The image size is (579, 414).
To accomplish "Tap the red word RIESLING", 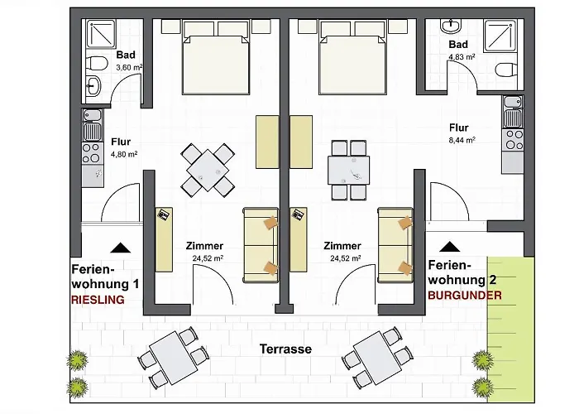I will click(x=98, y=301).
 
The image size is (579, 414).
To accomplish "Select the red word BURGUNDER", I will click(x=465, y=295).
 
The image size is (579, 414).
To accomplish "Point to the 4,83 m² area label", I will click(x=461, y=57).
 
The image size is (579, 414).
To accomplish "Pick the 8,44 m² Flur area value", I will click(x=461, y=141).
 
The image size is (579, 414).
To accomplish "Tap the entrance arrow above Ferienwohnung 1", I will click(x=120, y=247).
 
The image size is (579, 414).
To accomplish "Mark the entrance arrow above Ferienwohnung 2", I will click(x=450, y=246).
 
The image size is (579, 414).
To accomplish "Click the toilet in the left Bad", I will click(x=97, y=64).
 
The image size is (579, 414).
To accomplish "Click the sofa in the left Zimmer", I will click(x=261, y=242).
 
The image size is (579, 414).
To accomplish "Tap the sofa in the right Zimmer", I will click(x=395, y=242).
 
